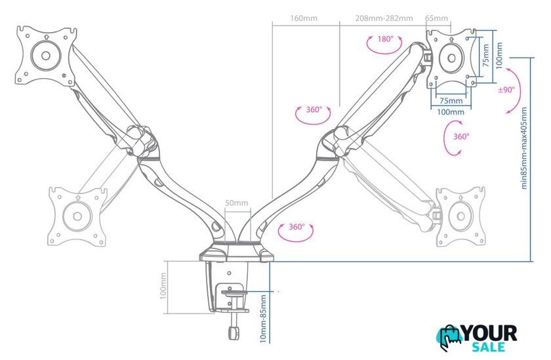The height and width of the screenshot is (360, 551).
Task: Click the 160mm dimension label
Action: point(304,18)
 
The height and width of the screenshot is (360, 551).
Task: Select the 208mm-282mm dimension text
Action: point(384,18)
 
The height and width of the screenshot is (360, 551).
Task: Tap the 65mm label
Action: point(436,18)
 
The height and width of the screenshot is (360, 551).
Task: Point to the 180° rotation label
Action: point(386,39)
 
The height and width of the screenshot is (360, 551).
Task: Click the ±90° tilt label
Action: point(506,90)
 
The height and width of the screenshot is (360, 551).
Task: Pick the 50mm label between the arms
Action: point(237,203)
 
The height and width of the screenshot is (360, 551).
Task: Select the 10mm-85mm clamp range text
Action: point(263,319)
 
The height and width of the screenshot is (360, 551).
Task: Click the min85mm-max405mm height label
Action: point(524,148)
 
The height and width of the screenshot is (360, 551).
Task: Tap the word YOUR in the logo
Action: point(489,333)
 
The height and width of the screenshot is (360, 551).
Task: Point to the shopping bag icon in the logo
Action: point(450,338)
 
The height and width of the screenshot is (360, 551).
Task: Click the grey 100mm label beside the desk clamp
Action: point(163,287)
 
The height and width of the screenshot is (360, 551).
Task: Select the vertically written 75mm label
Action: point(485,55)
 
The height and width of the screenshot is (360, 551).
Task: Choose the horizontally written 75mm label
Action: point(451,101)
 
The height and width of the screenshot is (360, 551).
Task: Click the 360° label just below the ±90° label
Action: point(461,136)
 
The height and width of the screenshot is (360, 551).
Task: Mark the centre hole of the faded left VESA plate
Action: point(77,216)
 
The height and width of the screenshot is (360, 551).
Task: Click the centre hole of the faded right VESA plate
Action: point(460,216)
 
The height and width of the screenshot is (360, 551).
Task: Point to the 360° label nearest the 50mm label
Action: point(296,227)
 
